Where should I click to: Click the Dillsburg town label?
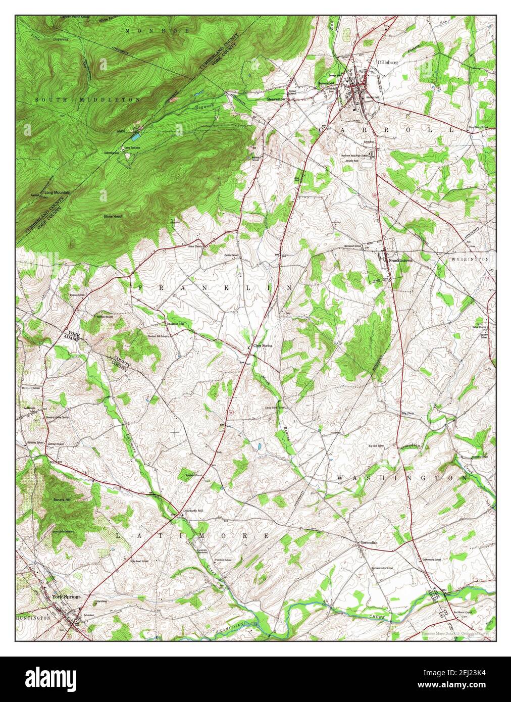pos(387,63)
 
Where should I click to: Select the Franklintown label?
pos(400,260)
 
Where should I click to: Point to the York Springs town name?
pos(66,597)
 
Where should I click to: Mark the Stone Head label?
pos(113,216)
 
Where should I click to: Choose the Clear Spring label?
pos(263,345)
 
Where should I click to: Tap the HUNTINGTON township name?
pos(33,618)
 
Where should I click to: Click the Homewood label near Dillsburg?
pos(326,83)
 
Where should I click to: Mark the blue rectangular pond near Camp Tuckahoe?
pos(136,137)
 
